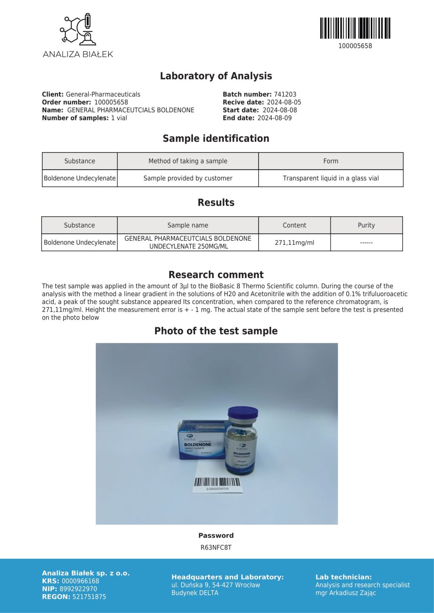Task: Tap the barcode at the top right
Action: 355,28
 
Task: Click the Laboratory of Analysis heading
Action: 216,76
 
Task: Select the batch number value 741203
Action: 285,94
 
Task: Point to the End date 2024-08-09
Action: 274,118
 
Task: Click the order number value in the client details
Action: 111,102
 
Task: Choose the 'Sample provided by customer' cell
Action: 188,178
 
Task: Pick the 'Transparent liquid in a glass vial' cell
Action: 331,178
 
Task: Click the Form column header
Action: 331,161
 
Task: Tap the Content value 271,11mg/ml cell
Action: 294,243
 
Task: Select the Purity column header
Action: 366,225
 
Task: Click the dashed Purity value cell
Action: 366,243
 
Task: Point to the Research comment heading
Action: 216,274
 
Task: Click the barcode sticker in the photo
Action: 217,483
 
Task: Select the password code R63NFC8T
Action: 216,547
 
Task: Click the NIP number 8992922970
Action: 78,589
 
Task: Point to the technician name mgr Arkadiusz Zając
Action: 345,593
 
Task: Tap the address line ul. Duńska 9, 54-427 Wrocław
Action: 216,585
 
